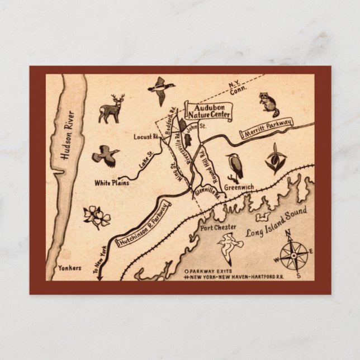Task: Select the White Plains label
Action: [112, 183]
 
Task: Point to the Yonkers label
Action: [70, 268]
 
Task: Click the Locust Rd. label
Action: [147, 136]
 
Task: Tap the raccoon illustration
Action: [268, 102]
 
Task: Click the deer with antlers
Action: [111, 108]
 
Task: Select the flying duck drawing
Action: [161, 89]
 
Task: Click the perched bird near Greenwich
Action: [235, 167]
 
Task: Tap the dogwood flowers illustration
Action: [97, 216]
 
